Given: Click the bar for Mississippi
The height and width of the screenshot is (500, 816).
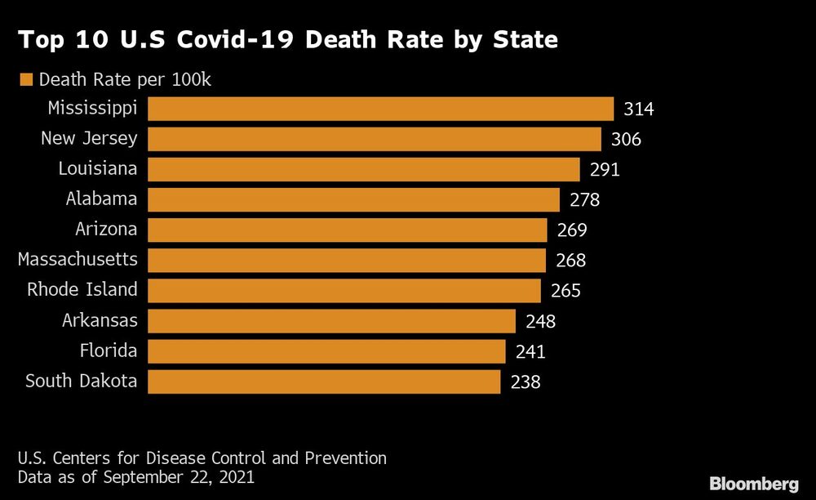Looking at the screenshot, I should point(380,109).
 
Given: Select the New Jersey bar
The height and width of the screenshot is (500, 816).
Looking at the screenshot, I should point(374,139).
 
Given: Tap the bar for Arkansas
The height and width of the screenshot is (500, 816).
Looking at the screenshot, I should point(331,320).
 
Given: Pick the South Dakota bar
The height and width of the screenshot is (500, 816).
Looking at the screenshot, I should point(324,381).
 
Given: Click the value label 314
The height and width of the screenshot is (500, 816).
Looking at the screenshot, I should point(639,109).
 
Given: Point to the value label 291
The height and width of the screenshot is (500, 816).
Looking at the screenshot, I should point(605,170).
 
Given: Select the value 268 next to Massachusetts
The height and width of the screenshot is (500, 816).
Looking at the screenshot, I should point(570,261).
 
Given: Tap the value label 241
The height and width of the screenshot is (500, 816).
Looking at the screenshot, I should point(530,351).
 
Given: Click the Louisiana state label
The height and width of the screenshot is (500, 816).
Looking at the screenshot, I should point(98,169).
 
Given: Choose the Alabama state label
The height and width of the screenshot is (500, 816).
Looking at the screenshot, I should point(101,199).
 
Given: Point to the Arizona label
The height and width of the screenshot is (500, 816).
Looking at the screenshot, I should point(106,230).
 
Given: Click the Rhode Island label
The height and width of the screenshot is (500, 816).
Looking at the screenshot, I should point(82,290).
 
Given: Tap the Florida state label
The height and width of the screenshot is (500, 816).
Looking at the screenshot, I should point(109,350).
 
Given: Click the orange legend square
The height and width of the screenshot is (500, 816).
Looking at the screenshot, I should point(25,79).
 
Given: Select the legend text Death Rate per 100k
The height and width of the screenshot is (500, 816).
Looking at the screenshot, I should point(126,79).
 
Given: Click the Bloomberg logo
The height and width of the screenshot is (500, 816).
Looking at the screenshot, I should point(754,483).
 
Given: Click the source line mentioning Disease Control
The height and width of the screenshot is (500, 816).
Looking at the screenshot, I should point(202,458).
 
